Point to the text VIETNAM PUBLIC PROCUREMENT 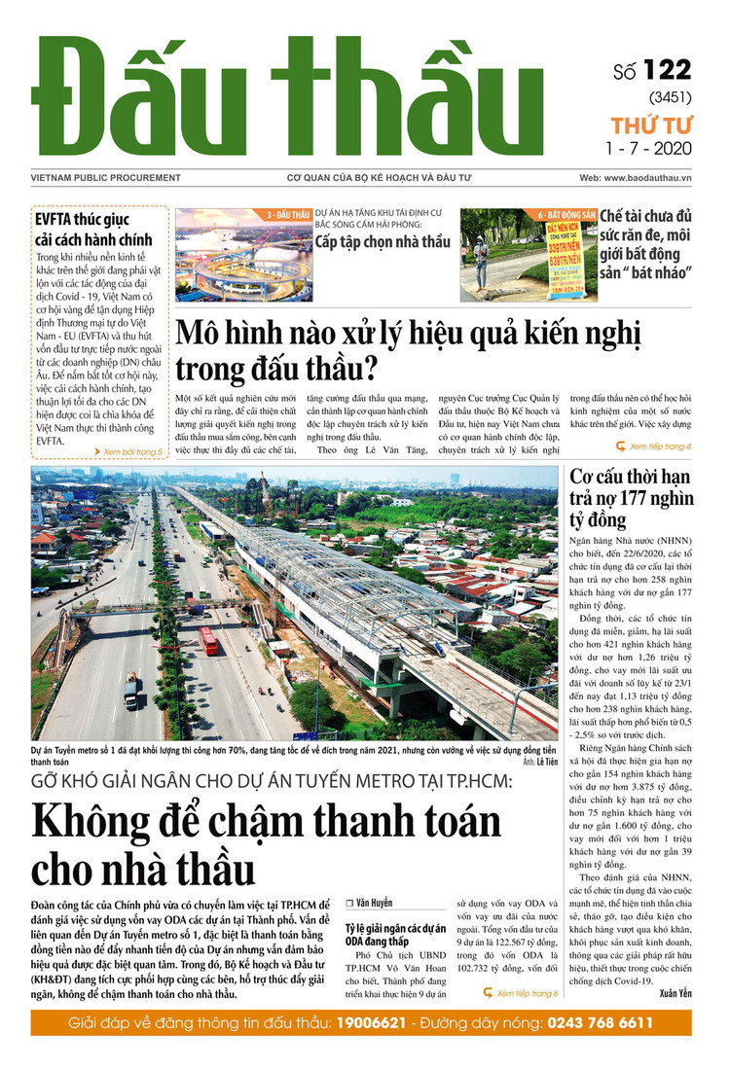91,179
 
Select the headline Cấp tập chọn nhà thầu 383,241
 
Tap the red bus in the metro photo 207,639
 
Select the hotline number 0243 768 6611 587,1023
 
